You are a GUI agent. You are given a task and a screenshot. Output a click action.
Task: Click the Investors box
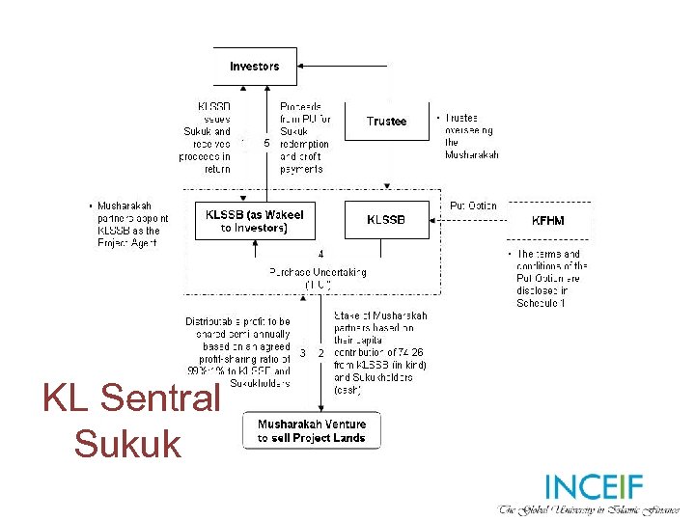(x=255, y=67)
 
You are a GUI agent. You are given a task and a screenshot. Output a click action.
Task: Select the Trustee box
(x=386, y=122)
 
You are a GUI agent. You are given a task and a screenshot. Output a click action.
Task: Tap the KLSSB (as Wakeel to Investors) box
(x=255, y=221)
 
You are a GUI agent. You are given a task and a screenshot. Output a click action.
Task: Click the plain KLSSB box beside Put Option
(x=386, y=220)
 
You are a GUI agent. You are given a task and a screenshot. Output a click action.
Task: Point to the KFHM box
(x=547, y=220)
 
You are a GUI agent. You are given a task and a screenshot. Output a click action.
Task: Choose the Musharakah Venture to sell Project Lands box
(x=311, y=431)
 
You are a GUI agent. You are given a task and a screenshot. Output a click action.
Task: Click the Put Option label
(x=473, y=206)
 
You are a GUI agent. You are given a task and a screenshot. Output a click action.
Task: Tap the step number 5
(x=266, y=144)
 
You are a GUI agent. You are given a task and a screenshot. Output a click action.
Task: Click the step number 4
(x=320, y=254)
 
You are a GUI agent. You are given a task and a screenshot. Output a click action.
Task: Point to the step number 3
(x=302, y=353)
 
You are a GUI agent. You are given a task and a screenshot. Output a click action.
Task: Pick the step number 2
(x=320, y=353)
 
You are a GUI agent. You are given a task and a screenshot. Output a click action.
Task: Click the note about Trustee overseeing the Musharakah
(x=469, y=136)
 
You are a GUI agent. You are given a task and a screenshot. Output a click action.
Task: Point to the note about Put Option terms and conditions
(x=547, y=279)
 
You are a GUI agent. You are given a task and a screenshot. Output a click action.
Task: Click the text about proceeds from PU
(x=305, y=137)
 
